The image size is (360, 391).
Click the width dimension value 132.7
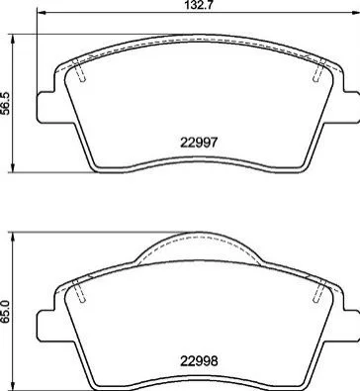tap(198, 5)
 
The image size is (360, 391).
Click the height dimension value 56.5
tap(6, 103)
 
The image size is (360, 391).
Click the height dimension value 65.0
tap(6, 311)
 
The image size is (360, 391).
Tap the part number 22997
tap(199, 143)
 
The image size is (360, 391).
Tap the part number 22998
tap(199, 361)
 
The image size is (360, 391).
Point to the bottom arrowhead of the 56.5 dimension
tap(13, 166)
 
